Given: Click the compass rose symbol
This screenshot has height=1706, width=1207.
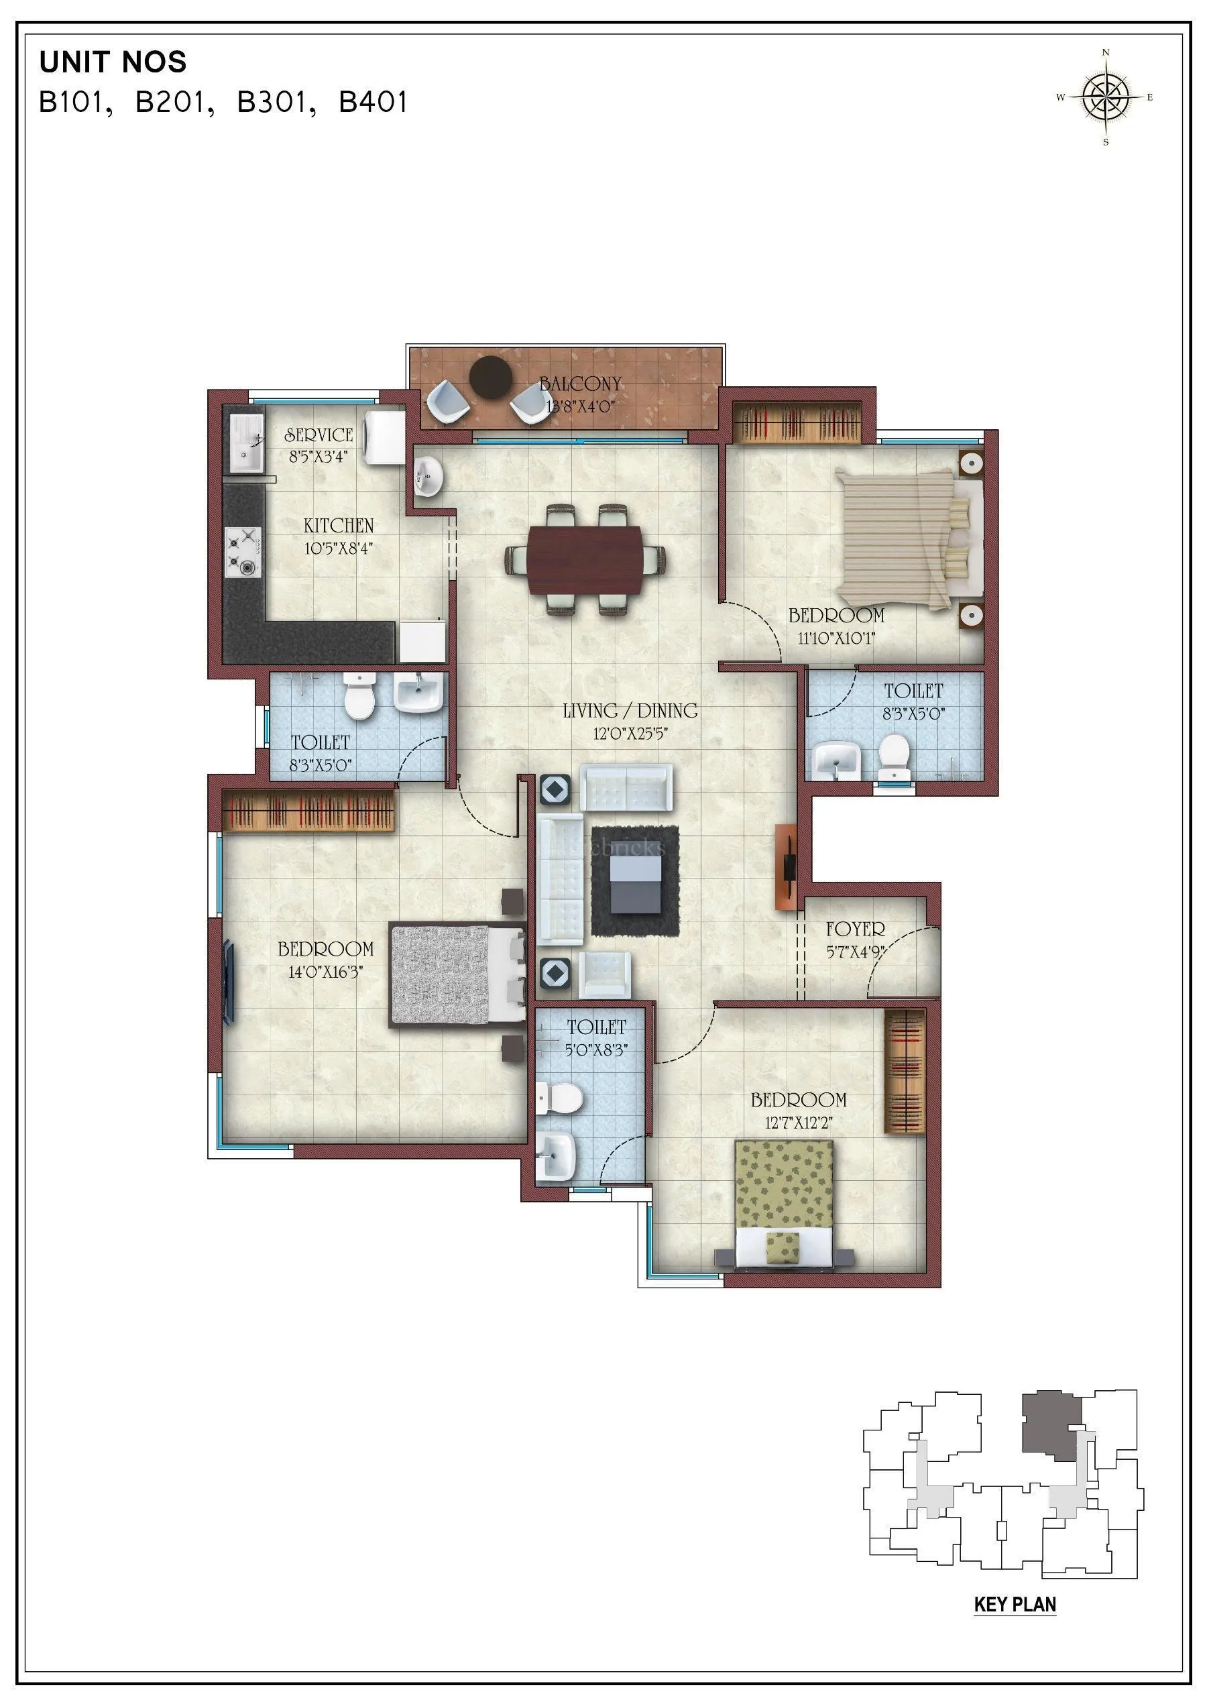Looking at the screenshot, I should [1106, 97].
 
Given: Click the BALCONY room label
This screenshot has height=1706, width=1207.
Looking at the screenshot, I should [581, 384].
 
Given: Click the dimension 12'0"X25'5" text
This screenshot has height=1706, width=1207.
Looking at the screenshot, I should [630, 734].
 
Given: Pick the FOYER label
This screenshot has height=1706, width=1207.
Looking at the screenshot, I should [856, 929].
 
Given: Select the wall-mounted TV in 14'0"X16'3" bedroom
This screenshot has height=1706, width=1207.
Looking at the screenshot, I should [229, 981].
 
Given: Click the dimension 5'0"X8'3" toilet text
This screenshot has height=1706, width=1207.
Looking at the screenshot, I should [596, 1049].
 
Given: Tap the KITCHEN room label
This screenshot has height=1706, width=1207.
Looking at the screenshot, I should [338, 526].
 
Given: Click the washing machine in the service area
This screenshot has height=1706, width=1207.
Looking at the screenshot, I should [385, 437].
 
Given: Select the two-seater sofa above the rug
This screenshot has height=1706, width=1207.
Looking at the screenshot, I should [626, 788].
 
